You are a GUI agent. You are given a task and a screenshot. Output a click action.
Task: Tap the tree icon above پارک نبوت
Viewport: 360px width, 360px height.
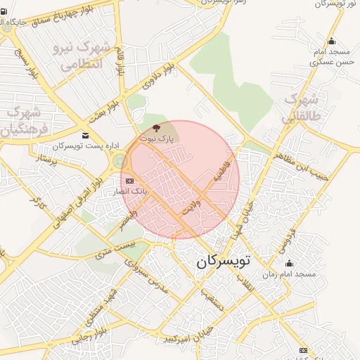click(155, 128)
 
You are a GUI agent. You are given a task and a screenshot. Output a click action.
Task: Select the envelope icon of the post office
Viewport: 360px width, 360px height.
click(85, 135)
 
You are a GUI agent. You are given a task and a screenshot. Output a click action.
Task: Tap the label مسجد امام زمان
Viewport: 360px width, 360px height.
click(290, 273)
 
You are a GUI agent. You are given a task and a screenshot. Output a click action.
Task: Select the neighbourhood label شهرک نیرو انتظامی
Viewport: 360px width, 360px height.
click(79, 56)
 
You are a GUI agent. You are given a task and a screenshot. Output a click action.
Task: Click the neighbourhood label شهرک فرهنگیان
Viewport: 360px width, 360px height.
click(21, 121)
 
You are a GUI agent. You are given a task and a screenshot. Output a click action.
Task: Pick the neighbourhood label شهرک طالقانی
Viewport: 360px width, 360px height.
click(301, 106)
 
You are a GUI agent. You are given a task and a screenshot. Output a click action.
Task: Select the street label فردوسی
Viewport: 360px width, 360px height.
click(288, 238)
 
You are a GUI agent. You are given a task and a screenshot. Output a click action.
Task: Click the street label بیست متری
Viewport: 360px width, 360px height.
click(113, 247)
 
